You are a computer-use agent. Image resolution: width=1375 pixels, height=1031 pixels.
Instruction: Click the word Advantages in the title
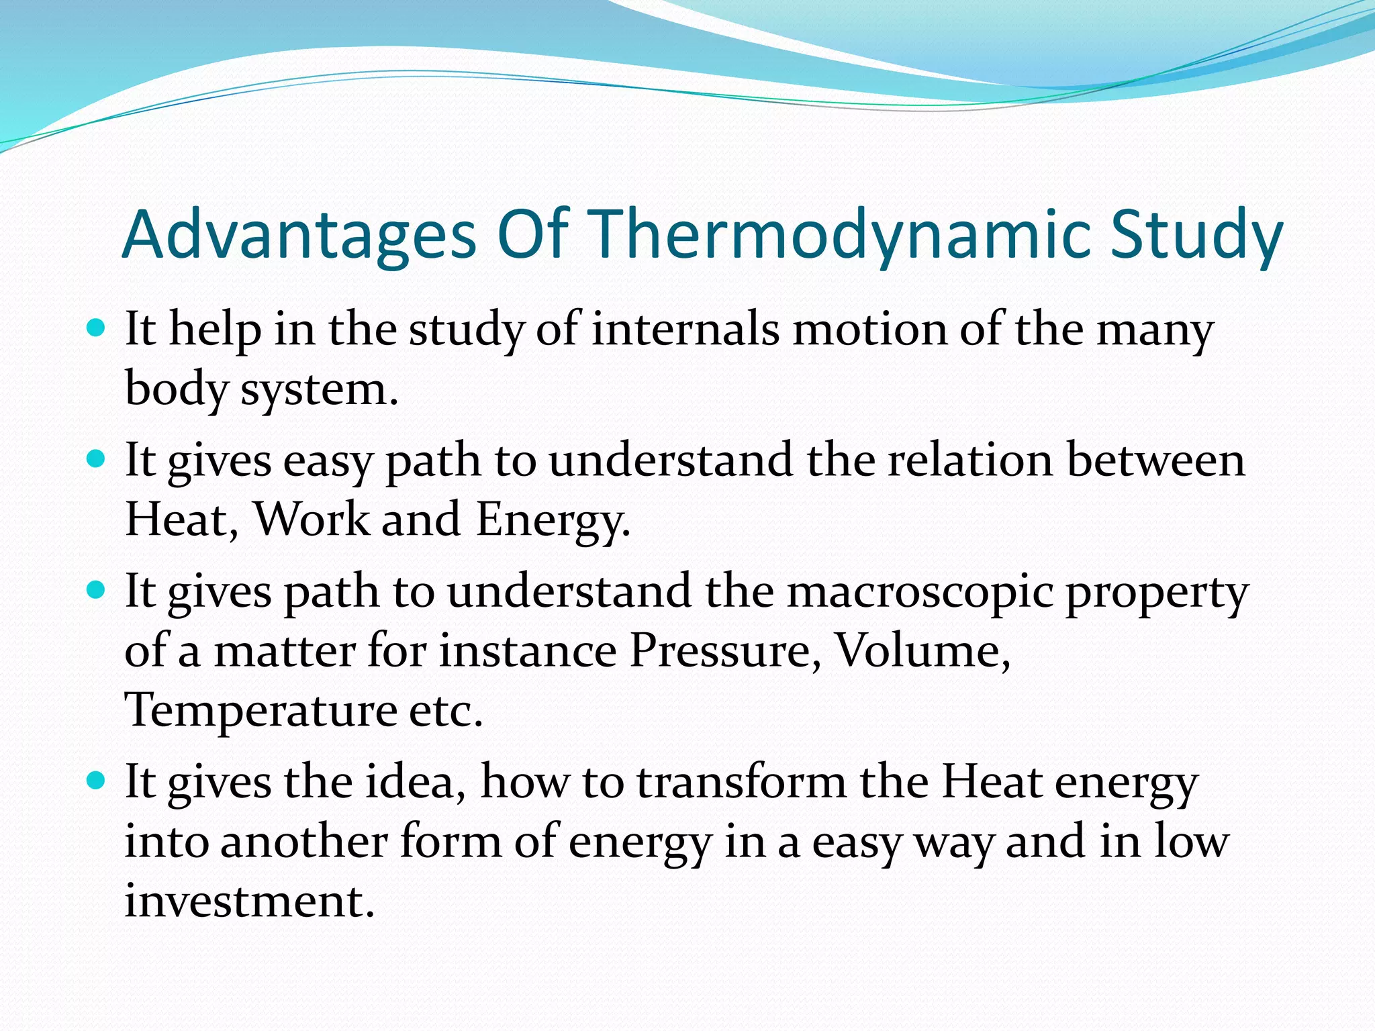[299, 235]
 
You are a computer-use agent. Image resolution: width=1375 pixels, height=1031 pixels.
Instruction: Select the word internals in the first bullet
[685, 330]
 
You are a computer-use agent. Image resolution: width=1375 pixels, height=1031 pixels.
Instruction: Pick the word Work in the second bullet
[312, 520]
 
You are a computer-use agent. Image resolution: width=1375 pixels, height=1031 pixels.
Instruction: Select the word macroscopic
[920, 592]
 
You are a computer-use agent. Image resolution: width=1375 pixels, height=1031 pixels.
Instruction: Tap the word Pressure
[725, 651]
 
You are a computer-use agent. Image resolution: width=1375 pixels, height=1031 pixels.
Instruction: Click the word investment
[249, 901]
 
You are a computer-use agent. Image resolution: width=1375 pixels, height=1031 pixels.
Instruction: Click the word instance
[528, 651]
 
